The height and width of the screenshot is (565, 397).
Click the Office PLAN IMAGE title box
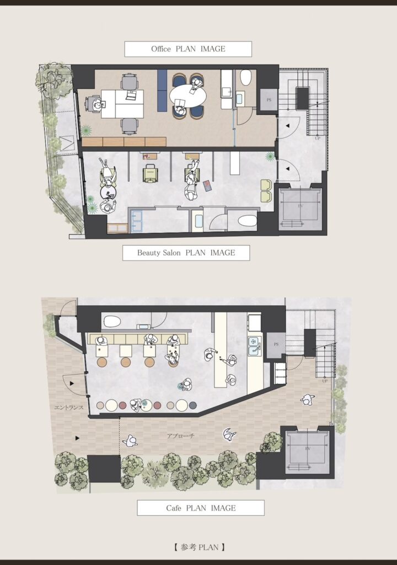[x=188, y=49]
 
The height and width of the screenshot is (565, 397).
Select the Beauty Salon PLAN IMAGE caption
[x=186, y=253]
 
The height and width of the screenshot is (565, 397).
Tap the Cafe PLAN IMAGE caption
[x=201, y=508]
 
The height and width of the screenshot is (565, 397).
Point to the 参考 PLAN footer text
[x=199, y=547]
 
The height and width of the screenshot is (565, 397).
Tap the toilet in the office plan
[x=246, y=77]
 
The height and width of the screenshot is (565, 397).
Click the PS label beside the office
[x=269, y=100]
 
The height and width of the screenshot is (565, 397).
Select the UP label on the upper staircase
[x=318, y=138]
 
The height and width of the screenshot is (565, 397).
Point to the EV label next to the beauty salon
[x=301, y=206]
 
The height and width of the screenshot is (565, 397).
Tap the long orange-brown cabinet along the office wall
[x=124, y=142]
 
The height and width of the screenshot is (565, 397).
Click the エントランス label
[x=69, y=408]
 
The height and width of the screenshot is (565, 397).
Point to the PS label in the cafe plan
[x=276, y=344]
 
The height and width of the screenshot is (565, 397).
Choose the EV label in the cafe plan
[x=308, y=449]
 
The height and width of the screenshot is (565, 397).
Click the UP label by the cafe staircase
[x=325, y=381]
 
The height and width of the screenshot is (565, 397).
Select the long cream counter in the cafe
[x=221, y=349]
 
